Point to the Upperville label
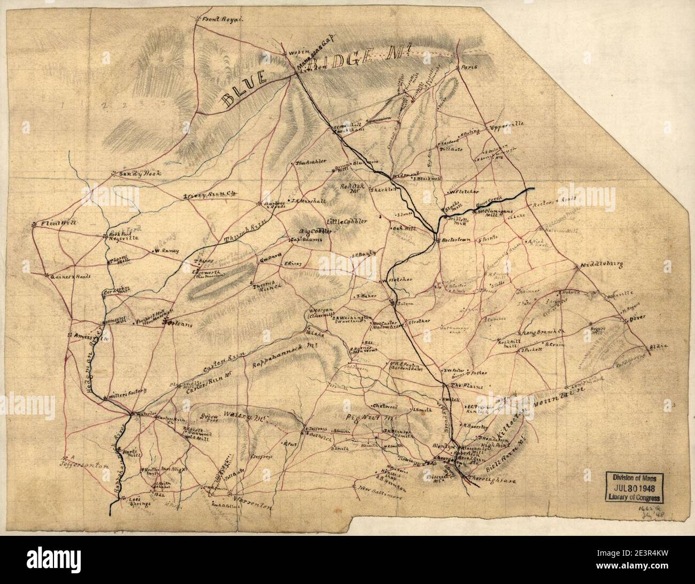[505, 126]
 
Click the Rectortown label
[457, 240]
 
